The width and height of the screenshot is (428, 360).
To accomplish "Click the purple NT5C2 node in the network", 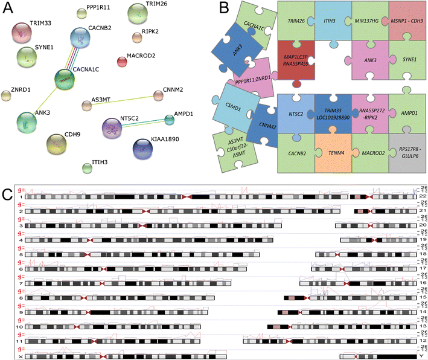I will click(x=113, y=127).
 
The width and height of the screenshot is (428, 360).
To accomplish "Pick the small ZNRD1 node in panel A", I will click(x=6, y=95).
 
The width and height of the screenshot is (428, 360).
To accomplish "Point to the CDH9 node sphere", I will click(x=59, y=144).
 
